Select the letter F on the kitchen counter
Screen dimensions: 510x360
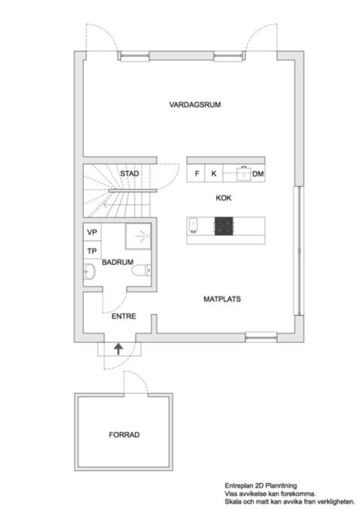(197, 174)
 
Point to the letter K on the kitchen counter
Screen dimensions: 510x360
(214, 174)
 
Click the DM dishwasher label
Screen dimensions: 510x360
(259, 174)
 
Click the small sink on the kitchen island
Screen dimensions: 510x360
(193, 224)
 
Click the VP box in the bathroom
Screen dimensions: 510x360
(92, 232)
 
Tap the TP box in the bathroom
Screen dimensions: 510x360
(92, 251)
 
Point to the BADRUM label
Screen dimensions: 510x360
(118, 262)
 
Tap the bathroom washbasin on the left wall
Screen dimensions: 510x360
(89, 271)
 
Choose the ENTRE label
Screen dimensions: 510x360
(122, 316)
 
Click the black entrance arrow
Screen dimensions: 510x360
(118, 348)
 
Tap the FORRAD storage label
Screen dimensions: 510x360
(124, 435)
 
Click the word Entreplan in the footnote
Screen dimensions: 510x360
(239, 485)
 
